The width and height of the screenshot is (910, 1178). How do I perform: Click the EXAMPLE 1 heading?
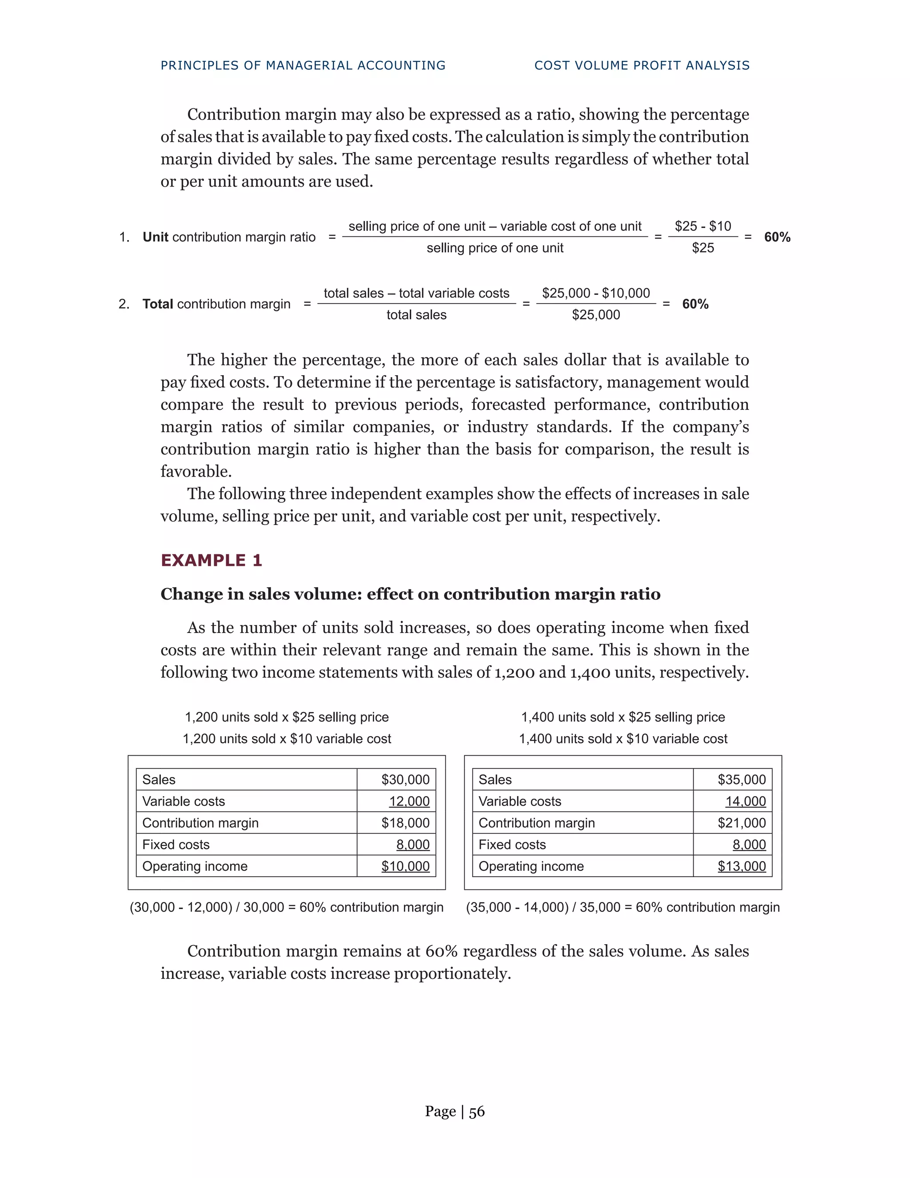212,561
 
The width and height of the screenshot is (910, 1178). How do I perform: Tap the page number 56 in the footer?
477,1112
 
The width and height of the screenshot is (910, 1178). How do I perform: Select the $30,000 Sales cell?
405,779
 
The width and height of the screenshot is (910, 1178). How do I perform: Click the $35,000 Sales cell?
741,779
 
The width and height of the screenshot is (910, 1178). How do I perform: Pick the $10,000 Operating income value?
405,866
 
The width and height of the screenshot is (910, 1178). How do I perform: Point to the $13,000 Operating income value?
741,866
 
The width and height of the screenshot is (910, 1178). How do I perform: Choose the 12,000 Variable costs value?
409,801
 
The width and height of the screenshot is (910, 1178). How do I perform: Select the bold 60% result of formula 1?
777,237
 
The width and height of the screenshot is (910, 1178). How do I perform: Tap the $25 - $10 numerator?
702,226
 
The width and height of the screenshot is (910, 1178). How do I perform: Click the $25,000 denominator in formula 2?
596,315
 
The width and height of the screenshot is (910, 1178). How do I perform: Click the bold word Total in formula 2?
157,304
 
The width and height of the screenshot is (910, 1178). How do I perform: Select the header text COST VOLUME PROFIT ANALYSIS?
642,65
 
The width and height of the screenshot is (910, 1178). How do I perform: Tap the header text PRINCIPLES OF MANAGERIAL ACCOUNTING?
303,65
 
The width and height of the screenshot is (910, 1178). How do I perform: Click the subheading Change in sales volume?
410,594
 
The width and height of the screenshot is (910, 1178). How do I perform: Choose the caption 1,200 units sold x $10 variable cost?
287,739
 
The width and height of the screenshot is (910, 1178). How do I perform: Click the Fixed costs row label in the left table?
176,845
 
